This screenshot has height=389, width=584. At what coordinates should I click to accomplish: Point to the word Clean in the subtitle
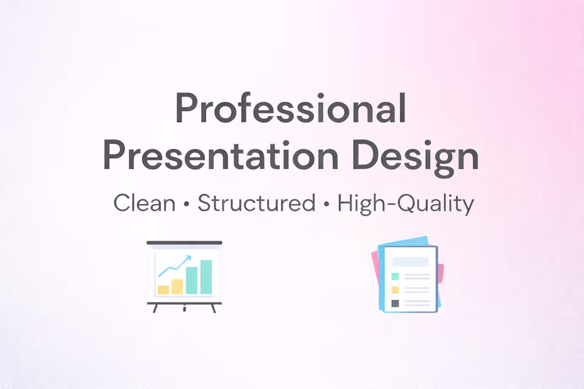pyautogui.click(x=144, y=204)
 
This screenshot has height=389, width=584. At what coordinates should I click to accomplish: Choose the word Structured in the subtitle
pyautogui.click(x=256, y=204)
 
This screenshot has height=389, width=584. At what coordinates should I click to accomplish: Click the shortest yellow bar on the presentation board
pyautogui.click(x=164, y=290)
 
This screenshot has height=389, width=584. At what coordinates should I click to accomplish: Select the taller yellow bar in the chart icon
pyautogui.click(x=177, y=287)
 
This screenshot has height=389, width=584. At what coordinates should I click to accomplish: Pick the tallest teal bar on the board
pyautogui.click(x=206, y=277)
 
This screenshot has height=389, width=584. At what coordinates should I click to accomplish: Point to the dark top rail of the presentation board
pyautogui.click(x=184, y=243)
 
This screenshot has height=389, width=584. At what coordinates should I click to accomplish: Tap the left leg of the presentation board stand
pyautogui.click(x=155, y=308)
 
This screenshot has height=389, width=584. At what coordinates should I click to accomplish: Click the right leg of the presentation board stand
pyautogui.click(x=213, y=308)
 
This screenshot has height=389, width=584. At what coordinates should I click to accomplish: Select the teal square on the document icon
pyautogui.click(x=395, y=276)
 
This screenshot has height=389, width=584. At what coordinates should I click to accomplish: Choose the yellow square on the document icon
pyautogui.click(x=395, y=290)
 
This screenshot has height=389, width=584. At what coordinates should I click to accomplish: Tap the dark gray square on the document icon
pyautogui.click(x=395, y=304)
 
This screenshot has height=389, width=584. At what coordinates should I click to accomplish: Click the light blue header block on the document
pyautogui.click(x=410, y=262)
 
